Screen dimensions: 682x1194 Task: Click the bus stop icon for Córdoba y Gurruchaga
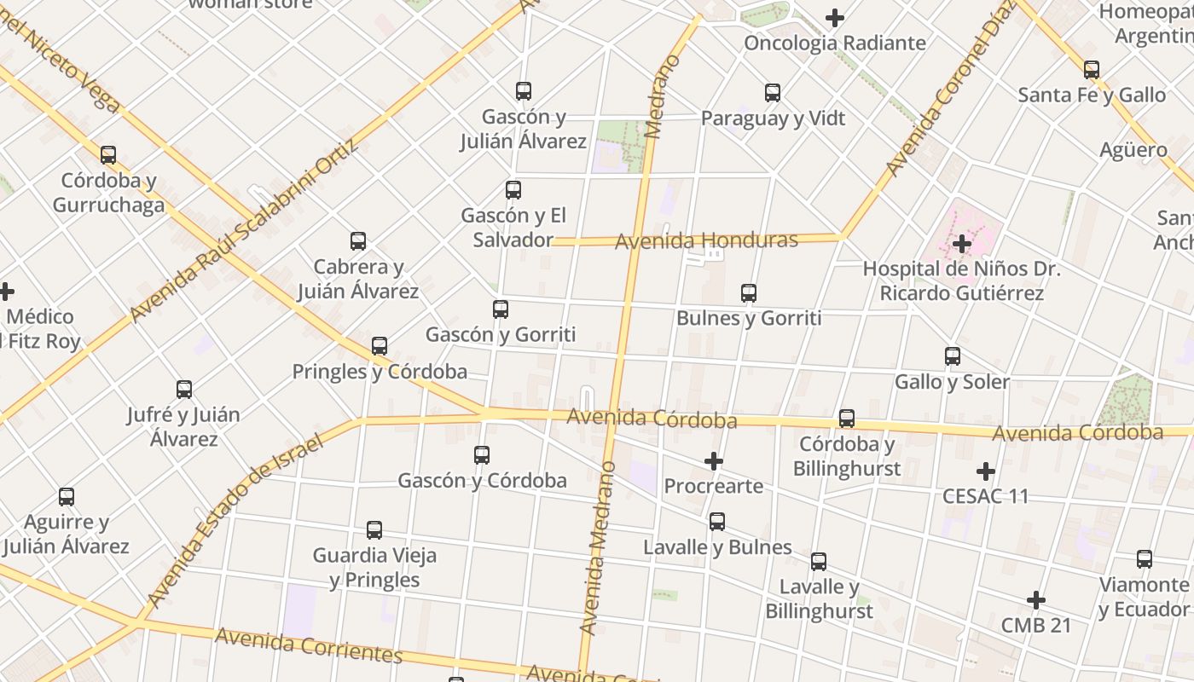click(x=108, y=155)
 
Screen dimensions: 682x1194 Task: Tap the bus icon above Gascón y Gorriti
click(x=501, y=309)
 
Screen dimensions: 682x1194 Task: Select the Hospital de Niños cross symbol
click(x=962, y=244)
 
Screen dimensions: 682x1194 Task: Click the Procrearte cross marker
click(x=714, y=461)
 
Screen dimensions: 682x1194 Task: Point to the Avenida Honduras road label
click(x=706, y=241)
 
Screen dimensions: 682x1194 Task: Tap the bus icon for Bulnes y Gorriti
click(x=749, y=293)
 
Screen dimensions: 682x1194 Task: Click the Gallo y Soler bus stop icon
click(x=953, y=356)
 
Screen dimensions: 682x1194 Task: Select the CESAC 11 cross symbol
click(x=986, y=471)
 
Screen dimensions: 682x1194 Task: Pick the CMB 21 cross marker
click(x=1036, y=600)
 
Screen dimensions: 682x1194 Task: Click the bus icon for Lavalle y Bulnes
click(x=717, y=522)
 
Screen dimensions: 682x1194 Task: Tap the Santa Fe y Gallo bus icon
click(x=1092, y=70)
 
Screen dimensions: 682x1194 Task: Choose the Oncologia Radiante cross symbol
click(x=835, y=17)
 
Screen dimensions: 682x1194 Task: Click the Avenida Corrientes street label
click(x=308, y=645)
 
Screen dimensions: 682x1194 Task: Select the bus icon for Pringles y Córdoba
click(x=380, y=347)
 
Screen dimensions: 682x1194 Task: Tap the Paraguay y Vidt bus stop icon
click(x=773, y=93)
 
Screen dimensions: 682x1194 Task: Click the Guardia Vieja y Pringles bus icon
click(x=374, y=530)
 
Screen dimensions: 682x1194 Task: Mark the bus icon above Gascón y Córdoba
click(x=482, y=455)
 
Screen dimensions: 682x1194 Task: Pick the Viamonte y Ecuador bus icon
click(x=1145, y=559)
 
